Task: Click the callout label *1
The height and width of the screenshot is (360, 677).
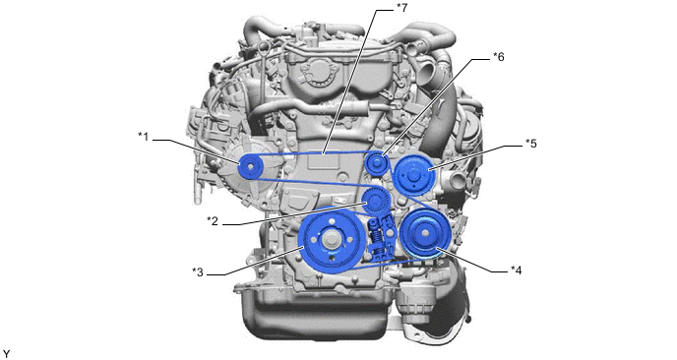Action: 143,137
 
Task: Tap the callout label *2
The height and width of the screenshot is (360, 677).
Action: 212,221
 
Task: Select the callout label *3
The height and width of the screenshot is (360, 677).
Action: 198,272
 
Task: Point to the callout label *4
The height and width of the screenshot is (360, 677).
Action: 517,270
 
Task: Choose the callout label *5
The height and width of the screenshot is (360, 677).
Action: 531,144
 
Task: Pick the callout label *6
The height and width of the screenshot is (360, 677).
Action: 498,56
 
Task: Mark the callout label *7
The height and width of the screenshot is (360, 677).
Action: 401,7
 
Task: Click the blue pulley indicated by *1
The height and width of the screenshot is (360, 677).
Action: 250,167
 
